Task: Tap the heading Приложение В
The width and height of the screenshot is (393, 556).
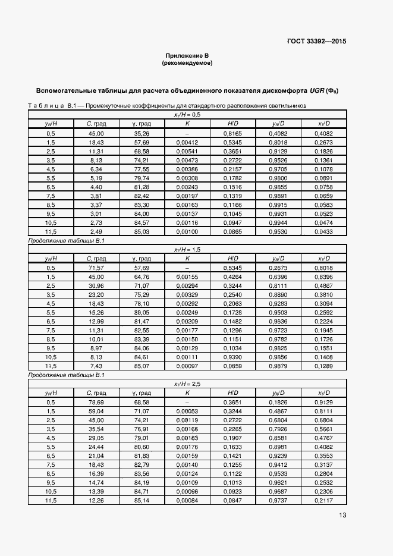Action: pos(187,55)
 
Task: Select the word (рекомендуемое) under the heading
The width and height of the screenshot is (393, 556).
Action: pos(187,62)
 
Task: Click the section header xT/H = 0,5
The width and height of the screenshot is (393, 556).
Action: pos(187,115)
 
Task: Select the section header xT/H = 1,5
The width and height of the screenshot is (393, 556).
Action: pos(187,250)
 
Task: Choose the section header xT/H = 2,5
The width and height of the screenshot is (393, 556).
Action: pos(187,385)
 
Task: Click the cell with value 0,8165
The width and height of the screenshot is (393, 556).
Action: pos(232,134)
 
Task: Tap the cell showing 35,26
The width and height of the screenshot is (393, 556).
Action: pos(141,134)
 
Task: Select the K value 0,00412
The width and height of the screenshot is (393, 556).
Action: pos(187,143)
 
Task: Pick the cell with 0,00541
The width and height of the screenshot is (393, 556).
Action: pos(187,152)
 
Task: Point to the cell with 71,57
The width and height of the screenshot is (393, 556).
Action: pos(95,268)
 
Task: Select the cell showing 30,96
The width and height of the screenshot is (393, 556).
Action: pos(95,285)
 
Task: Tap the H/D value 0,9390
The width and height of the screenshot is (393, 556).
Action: pos(232,357)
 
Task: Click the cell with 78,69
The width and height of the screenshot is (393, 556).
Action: pos(95,403)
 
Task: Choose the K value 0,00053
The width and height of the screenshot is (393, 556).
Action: pos(187,411)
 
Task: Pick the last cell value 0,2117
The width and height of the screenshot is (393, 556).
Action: pos(325,501)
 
